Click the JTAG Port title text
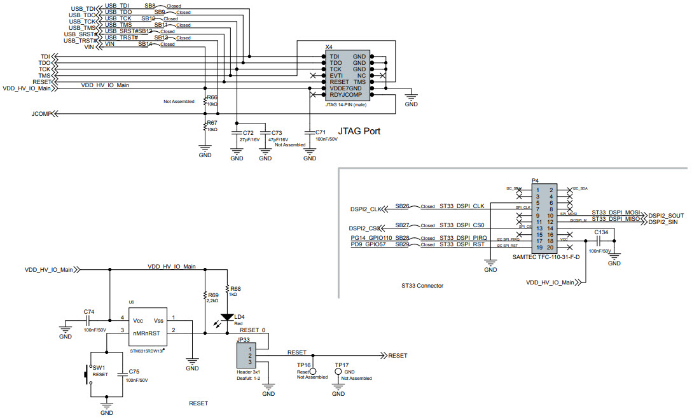pos(359,131)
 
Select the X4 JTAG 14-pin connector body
pos(347,75)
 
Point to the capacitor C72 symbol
pos(237,132)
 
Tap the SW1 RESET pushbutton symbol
pos(88,375)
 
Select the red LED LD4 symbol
pos(227,317)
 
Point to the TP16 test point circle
pos(312,370)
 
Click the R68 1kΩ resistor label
pos(235,288)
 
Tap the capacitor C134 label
pos(601,233)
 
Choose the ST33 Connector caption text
pos(422,286)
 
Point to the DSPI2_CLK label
pos(367,209)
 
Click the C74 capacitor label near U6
pos(89,312)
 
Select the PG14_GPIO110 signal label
pos(372,237)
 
